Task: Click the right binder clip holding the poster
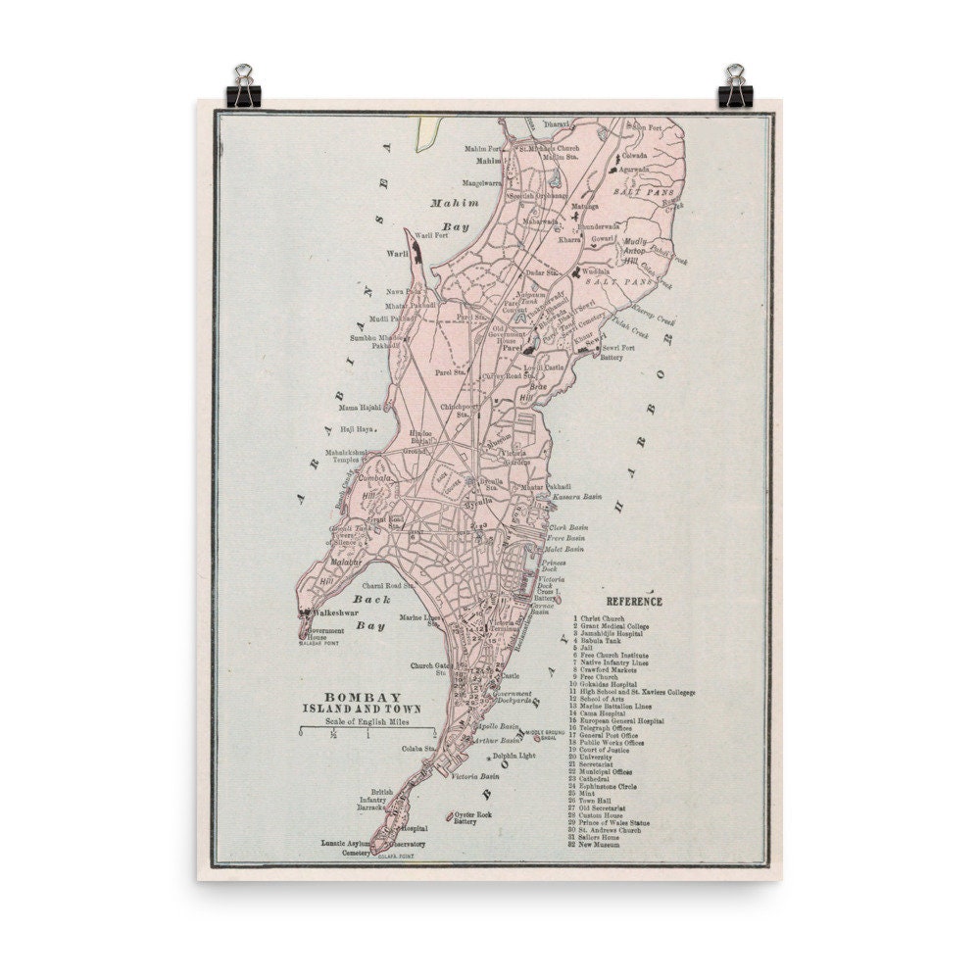(x=733, y=85)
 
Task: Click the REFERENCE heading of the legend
(x=634, y=602)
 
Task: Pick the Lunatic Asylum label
(x=344, y=843)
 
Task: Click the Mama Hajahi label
(x=359, y=407)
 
